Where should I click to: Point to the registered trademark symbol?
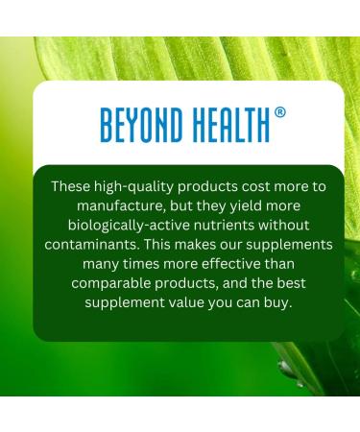point(279,111)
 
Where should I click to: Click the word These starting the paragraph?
point(73,185)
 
